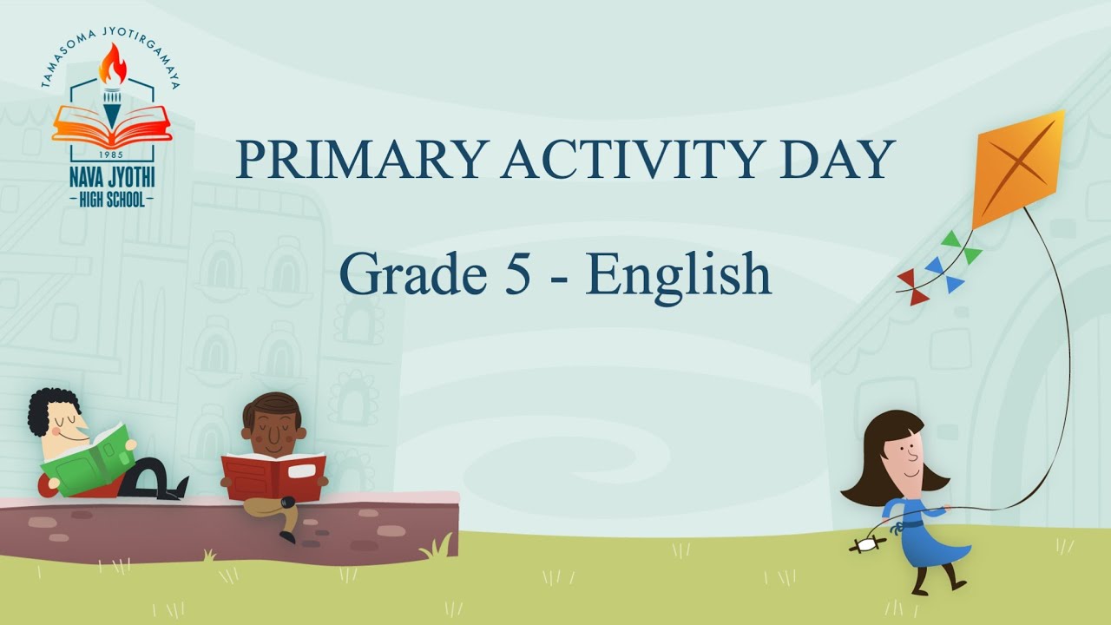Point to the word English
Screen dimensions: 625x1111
[x=678, y=274]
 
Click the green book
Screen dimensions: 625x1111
[x=87, y=461]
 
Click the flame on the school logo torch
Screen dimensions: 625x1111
[x=112, y=65]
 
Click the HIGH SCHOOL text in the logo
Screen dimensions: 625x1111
[x=111, y=200]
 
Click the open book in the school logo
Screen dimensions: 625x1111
[x=112, y=124]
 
